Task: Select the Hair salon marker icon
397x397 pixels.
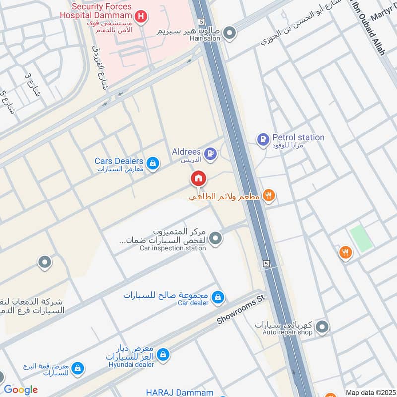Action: point(229,34)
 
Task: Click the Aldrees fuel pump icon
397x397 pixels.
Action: point(210,154)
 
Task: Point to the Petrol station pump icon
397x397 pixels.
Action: point(263,140)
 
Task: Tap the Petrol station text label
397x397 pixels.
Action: point(298,137)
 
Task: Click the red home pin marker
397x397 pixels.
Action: point(198,179)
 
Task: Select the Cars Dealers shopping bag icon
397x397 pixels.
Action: point(153,163)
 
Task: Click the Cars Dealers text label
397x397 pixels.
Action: point(119,161)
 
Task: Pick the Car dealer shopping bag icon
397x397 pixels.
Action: point(217,298)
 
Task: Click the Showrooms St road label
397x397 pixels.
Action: point(242,311)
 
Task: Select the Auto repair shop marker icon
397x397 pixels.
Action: point(322,327)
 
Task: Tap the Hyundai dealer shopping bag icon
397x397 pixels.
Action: point(163,355)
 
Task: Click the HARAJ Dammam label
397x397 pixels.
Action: point(180,392)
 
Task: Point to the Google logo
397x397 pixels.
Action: point(21,390)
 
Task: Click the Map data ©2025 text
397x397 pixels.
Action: point(370,392)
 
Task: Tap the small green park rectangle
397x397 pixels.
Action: point(361,238)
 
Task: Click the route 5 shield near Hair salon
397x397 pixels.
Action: point(200,21)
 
